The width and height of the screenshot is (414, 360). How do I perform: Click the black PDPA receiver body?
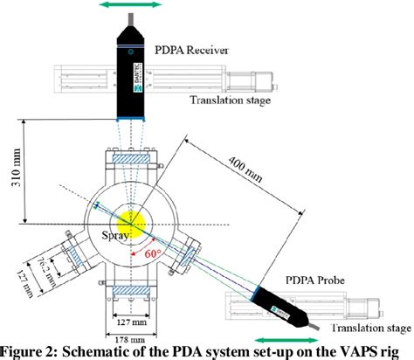pyautogui.click(x=133, y=70)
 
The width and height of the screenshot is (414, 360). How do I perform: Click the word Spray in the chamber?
pyautogui.click(x=115, y=234)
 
